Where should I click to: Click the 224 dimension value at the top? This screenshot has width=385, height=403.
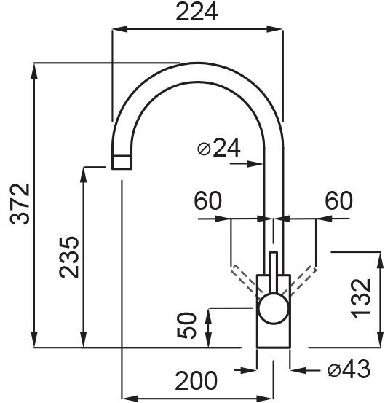197,12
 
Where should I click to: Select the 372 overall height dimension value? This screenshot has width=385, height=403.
20,204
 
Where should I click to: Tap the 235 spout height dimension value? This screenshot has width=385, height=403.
69,257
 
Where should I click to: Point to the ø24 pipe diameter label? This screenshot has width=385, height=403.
218,148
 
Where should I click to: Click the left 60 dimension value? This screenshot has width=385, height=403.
207,200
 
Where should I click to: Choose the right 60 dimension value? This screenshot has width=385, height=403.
339,200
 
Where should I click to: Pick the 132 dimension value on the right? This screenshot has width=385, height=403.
361,299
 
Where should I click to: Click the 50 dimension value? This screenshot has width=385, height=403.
187,325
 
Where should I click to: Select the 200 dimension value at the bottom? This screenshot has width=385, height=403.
196,380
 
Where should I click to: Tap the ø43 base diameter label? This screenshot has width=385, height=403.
349,369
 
